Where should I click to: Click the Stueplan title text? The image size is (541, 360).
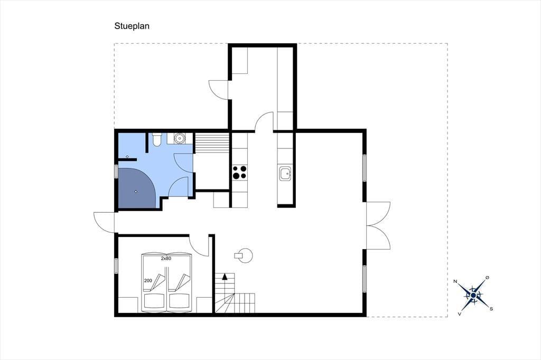pyautogui.click(x=132, y=26)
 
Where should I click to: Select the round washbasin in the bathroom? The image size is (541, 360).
pyautogui.click(x=179, y=138)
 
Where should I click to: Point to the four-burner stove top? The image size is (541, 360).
pyautogui.click(x=240, y=173)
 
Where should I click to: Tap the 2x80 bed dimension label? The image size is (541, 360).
pyautogui.click(x=166, y=258)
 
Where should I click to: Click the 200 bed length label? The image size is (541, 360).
pyautogui.click(x=148, y=281)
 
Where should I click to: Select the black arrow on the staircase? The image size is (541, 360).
pyautogui.click(x=225, y=276)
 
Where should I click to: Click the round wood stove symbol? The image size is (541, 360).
pyautogui.click(x=245, y=255)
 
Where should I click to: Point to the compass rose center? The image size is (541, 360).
pyautogui.click(x=473, y=296)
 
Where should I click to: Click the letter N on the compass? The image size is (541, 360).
pyautogui.click(x=455, y=282)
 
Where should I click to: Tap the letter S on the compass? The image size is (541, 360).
pyautogui.click(x=491, y=309)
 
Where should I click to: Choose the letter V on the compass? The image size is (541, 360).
pyautogui.click(x=460, y=314)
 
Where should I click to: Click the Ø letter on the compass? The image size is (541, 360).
pyautogui.click(x=487, y=277)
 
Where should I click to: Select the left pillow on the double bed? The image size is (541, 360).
pyautogui.click(x=154, y=301)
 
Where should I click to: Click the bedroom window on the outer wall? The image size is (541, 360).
pyautogui.click(x=116, y=266)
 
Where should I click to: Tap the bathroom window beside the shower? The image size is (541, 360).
pyautogui.click(x=116, y=172)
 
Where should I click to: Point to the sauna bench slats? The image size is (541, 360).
pyautogui.click(x=212, y=143)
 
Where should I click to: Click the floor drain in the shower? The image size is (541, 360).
pyautogui.click(x=136, y=192)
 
